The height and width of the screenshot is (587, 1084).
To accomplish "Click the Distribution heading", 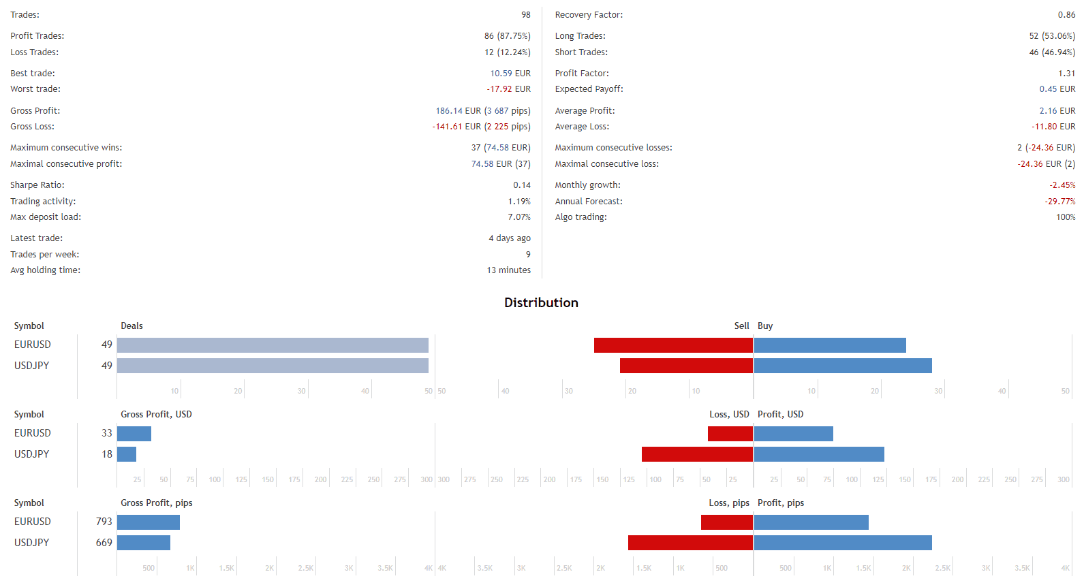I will click(x=541, y=303).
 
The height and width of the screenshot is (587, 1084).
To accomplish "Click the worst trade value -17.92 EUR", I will click(x=508, y=89).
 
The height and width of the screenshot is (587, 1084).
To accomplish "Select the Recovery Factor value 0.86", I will click(x=1066, y=15).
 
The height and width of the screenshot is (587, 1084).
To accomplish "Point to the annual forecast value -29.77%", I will click(x=1059, y=202).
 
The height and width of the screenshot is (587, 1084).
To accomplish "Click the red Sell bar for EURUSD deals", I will click(x=673, y=345).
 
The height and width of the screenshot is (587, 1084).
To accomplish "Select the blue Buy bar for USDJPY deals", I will click(x=843, y=366).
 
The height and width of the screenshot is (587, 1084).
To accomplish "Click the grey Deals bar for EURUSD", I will click(x=273, y=345).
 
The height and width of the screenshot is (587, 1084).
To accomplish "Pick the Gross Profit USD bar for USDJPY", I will click(x=127, y=454).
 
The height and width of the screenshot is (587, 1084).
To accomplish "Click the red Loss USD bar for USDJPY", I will click(x=697, y=454).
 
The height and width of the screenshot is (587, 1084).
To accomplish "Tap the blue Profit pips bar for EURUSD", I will click(x=811, y=522).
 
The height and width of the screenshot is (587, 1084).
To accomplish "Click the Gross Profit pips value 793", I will click(x=104, y=522).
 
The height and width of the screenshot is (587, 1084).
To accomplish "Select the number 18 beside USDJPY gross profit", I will click(x=107, y=454).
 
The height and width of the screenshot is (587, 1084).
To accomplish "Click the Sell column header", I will click(x=741, y=326).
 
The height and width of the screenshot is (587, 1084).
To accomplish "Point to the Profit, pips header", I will click(x=781, y=503).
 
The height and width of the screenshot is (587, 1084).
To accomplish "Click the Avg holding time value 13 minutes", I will click(x=508, y=270).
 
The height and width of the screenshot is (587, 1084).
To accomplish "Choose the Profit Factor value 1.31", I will click(x=1066, y=74).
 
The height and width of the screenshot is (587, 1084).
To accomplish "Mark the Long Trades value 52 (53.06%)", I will click(x=1051, y=36).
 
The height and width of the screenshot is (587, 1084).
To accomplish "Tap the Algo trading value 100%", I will click(x=1066, y=217).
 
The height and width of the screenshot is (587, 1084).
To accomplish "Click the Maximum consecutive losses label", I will click(x=613, y=148).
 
